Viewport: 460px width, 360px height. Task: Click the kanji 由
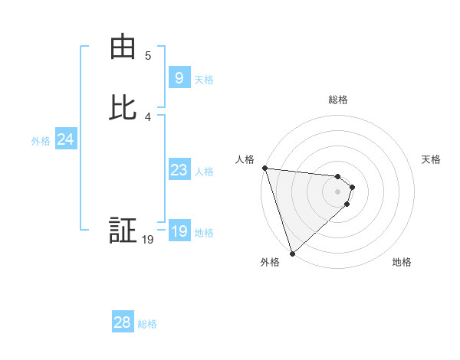[x=123, y=47]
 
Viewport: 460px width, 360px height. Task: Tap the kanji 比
[x=123, y=109]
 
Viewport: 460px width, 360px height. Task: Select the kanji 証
[x=123, y=231]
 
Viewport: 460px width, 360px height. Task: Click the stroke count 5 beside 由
[x=148, y=55]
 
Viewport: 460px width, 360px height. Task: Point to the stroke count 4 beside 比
[x=148, y=116]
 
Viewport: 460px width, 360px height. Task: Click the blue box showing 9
[x=179, y=78]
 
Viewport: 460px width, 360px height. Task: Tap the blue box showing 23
[x=179, y=170]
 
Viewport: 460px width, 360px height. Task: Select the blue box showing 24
[x=65, y=139]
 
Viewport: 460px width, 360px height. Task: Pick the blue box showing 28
[x=123, y=322]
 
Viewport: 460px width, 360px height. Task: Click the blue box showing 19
[x=179, y=231]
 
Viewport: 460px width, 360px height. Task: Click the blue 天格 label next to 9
[x=204, y=80]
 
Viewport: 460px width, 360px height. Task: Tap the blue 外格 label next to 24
[x=41, y=141]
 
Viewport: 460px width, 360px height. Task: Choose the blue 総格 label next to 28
[x=147, y=324]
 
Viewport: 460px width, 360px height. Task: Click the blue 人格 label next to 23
[x=205, y=172]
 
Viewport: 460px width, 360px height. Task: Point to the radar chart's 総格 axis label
[x=338, y=100]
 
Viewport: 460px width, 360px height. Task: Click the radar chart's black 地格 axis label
[x=402, y=263]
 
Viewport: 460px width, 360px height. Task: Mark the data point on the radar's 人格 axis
[x=264, y=168]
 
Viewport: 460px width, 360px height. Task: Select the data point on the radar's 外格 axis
[x=292, y=253]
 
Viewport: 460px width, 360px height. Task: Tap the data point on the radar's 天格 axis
[x=352, y=187]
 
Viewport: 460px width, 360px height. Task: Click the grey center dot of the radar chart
[x=337, y=191]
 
